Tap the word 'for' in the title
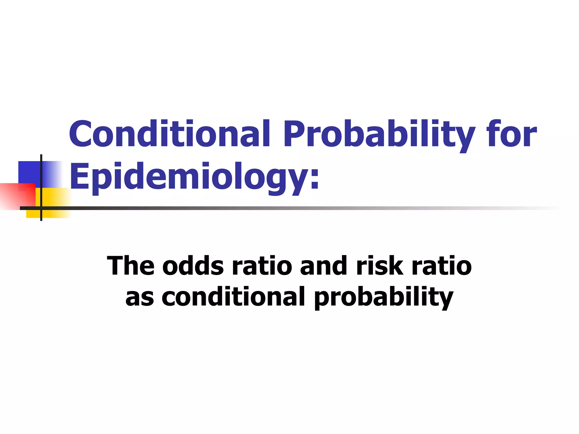pyautogui.click(x=511, y=134)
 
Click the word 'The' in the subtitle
pyautogui.click(x=131, y=266)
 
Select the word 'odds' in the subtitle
pyautogui.click(x=193, y=266)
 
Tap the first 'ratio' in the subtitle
pyautogui.click(x=262, y=266)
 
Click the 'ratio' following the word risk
pyautogui.click(x=442, y=266)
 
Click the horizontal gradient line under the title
pyautogui.click(x=283, y=208)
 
